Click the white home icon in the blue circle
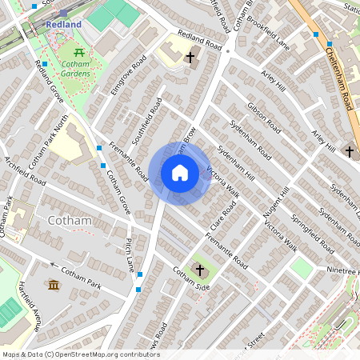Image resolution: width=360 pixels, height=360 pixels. (180, 173)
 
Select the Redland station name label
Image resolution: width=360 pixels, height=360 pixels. (63, 25)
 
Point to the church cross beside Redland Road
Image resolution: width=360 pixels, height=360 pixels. (190, 58)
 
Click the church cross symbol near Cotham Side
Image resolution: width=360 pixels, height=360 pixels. (200, 270)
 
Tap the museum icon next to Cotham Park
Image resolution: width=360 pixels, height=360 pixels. (54, 285)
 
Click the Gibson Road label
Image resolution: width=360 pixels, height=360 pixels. (264, 117)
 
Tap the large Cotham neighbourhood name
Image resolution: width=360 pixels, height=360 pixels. (70, 220)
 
